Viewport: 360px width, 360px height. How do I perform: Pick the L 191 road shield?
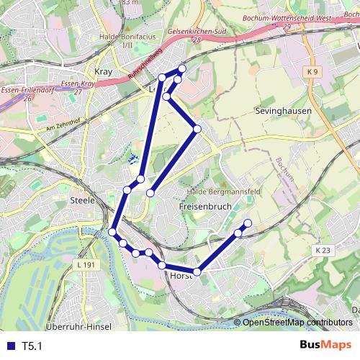pyautogui.click(x=85, y=265)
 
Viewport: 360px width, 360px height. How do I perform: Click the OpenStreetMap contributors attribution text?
pyautogui.click(x=297, y=323)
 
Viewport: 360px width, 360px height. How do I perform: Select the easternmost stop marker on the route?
pyautogui.click(x=248, y=223)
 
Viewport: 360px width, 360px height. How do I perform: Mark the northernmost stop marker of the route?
pyautogui.click(x=182, y=68)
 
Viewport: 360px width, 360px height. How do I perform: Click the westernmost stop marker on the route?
pyautogui.click(x=113, y=232)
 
